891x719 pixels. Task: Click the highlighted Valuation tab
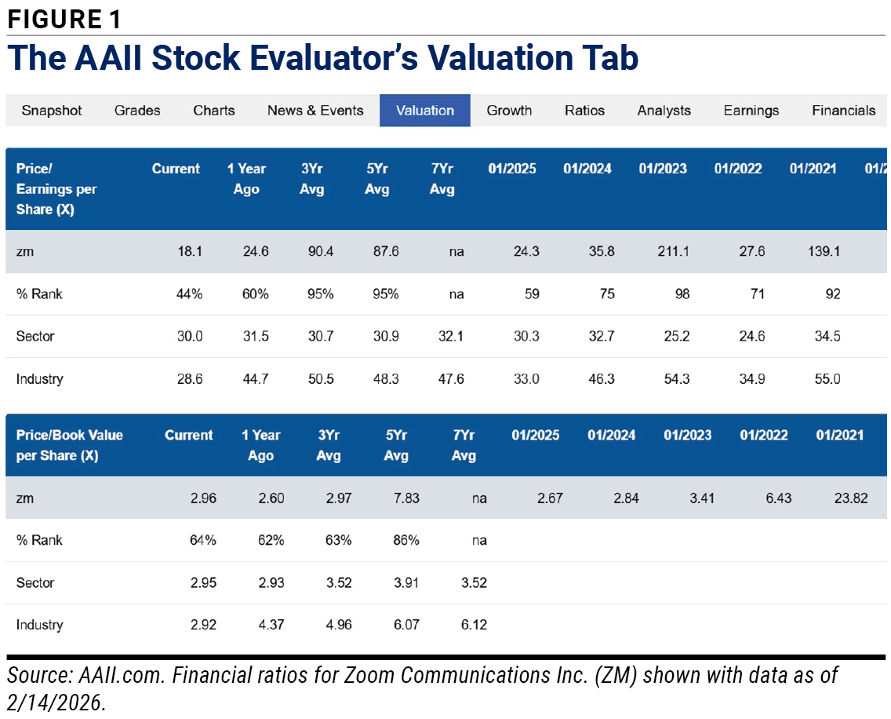(x=425, y=111)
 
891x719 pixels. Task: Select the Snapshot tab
(x=52, y=111)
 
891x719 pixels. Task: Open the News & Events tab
(x=315, y=111)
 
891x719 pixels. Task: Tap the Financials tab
(x=844, y=111)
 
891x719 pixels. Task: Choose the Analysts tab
(x=664, y=111)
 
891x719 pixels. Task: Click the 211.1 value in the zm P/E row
(x=674, y=251)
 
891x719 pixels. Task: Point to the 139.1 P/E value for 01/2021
(x=824, y=251)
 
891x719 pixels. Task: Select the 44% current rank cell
(x=189, y=294)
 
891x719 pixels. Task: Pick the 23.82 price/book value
(x=851, y=498)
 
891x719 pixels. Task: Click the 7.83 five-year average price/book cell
(x=406, y=498)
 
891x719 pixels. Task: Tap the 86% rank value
(x=406, y=540)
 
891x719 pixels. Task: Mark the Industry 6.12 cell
(x=474, y=625)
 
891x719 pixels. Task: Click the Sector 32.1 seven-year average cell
(x=451, y=336)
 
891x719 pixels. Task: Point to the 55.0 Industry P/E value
(x=827, y=379)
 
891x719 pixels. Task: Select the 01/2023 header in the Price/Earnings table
(x=663, y=169)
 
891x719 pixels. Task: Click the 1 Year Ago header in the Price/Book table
(x=261, y=445)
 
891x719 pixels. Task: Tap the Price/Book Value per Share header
(x=69, y=445)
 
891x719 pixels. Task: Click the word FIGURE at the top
(x=55, y=20)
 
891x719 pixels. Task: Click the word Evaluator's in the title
(x=333, y=58)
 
